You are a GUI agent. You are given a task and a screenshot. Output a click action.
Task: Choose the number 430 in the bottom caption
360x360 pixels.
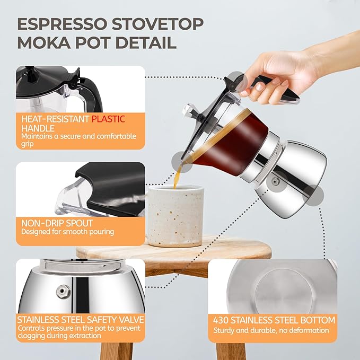tap(222, 320)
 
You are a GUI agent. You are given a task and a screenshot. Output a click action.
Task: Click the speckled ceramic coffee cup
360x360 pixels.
tap(174, 215)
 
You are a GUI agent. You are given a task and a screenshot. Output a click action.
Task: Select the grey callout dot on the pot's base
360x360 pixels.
tap(317, 198)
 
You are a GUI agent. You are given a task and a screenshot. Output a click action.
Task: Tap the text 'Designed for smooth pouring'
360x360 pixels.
tap(67, 232)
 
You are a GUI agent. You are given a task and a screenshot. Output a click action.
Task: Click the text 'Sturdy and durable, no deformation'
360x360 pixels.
tap(271, 331)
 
